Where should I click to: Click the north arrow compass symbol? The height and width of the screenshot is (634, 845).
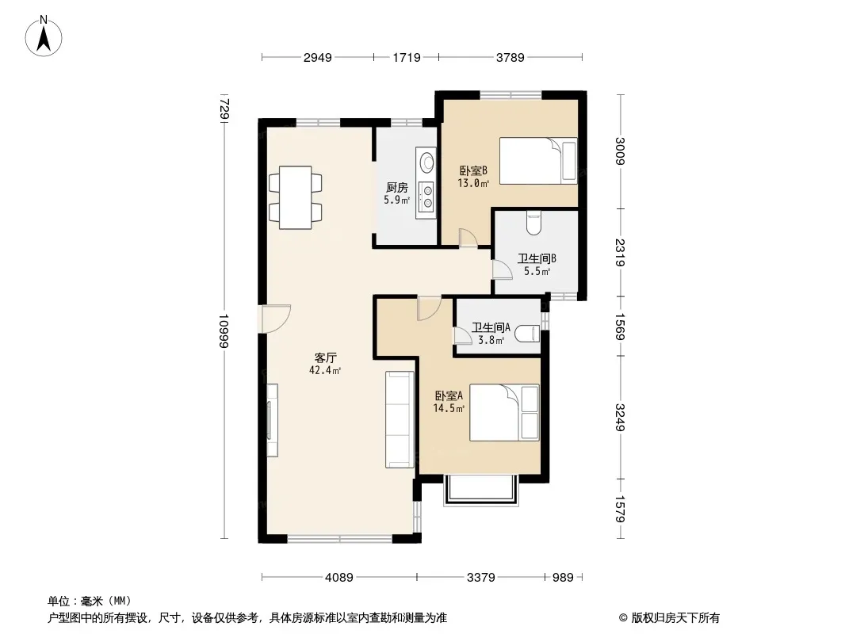pyautogui.click(x=44, y=36)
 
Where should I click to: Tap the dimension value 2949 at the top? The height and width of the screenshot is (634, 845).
pyautogui.click(x=317, y=58)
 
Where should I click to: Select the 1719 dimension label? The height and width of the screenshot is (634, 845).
pyautogui.click(x=407, y=58)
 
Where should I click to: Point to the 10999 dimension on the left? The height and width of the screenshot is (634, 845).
pyautogui.click(x=224, y=330)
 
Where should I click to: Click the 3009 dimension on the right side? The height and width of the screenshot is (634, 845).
pyautogui.click(x=621, y=151)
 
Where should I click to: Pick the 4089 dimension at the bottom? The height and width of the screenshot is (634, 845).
pyautogui.click(x=339, y=578)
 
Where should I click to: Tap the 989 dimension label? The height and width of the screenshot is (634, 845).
pyautogui.click(x=563, y=578)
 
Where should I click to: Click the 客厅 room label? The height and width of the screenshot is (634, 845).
pyautogui.click(x=326, y=357)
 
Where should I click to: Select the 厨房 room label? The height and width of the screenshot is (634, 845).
pyautogui.click(x=396, y=188)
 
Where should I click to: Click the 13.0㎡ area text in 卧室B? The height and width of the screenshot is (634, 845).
pyautogui.click(x=474, y=183)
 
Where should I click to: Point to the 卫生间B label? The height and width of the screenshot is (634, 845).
pyautogui.click(x=537, y=258)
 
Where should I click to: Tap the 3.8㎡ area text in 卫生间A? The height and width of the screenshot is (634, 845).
pyautogui.click(x=491, y=340)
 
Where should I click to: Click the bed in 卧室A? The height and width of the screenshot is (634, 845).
pyautogui.click(x=504, y=413)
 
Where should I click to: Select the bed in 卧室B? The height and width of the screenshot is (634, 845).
pyautogui.click(x=538, y=161)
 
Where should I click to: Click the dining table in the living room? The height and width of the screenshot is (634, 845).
pyautogui.click(x=296, y=197)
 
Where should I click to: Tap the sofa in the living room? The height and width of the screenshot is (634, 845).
pyautogui.click(x=400, y=419)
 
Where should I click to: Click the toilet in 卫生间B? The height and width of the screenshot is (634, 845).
pyautogui.click(x=533, y=223)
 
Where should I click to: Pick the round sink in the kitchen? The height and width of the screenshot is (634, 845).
pyautogui.click(x=427, y=162)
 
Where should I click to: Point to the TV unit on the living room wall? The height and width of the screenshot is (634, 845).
pyautogui.click(x=272, y=420)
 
